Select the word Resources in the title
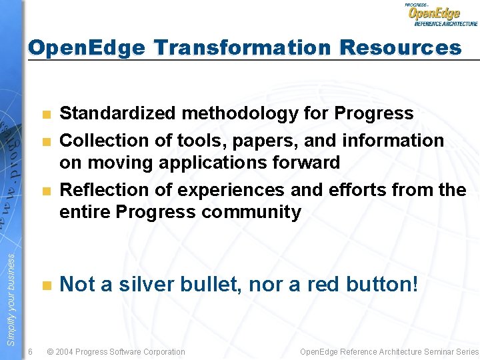[400, 48]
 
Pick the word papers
[244, 141]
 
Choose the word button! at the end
[383, 285]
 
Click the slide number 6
[31, 351]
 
